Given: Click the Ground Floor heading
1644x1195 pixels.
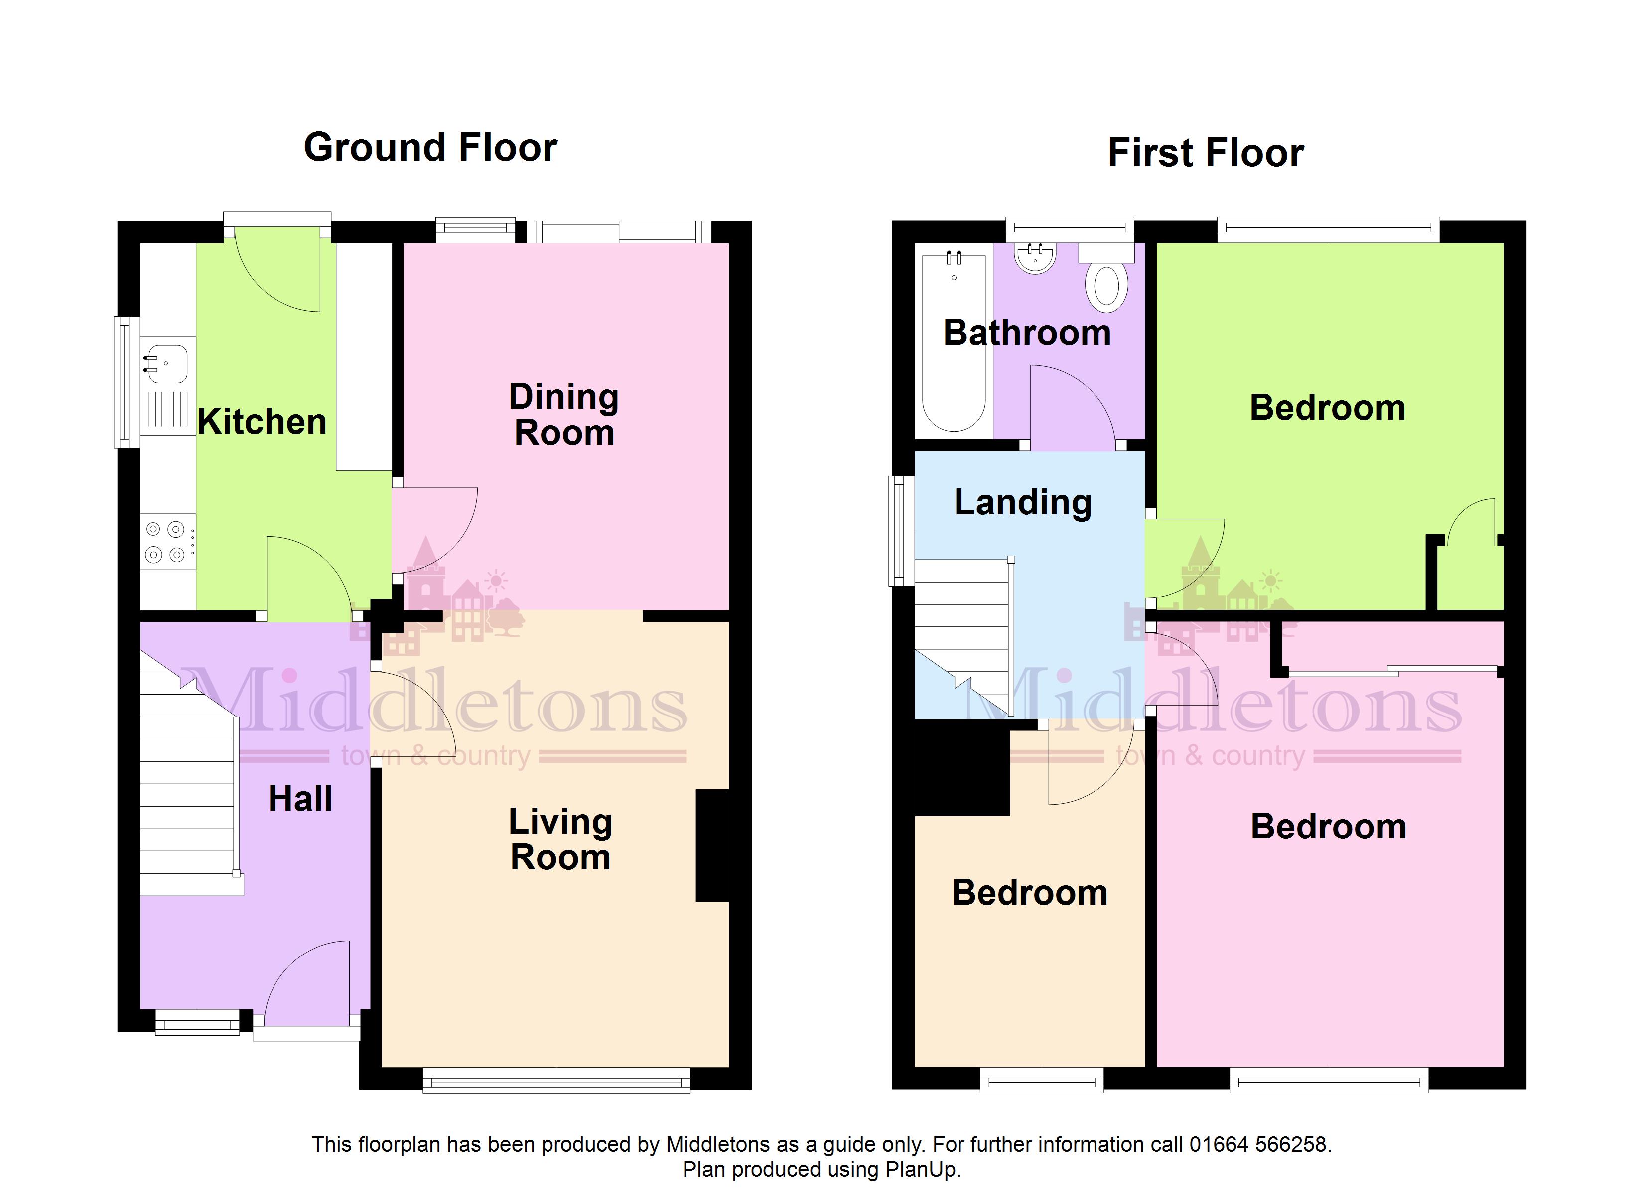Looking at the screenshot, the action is pos(430,148).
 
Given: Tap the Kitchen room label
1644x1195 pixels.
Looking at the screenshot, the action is pos(263,422).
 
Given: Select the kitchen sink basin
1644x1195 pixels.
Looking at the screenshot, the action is pos(167,364).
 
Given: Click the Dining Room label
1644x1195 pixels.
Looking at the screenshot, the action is pos(564,415).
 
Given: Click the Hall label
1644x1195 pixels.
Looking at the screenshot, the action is pos(300,799).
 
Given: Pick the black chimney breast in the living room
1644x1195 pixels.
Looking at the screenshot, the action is pos(712,845).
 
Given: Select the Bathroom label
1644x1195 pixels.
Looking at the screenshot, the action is pos(1027,333).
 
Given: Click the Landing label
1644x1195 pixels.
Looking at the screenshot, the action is pos(1023,502).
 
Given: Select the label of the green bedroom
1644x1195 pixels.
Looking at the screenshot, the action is pos(1327,407).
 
